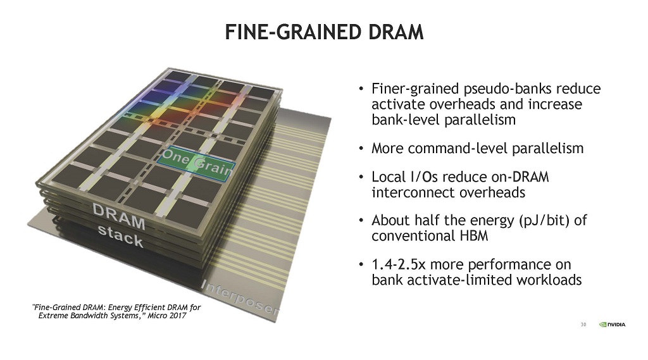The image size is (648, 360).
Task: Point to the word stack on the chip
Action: (x=120, y=237)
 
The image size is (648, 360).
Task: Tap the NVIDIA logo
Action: (x=613, y=325)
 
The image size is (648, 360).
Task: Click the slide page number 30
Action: (x=583, y=325)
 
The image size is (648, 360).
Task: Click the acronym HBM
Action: (x=473, y=236)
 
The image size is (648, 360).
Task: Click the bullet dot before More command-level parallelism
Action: (x=361, y=149)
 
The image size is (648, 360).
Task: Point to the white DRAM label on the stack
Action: (x=119, y=216)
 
